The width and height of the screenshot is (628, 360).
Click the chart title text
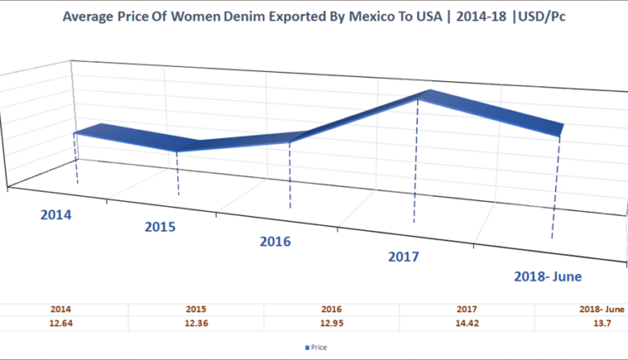tap(313, 16)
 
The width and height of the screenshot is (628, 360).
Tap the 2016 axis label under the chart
tap(275, 241)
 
